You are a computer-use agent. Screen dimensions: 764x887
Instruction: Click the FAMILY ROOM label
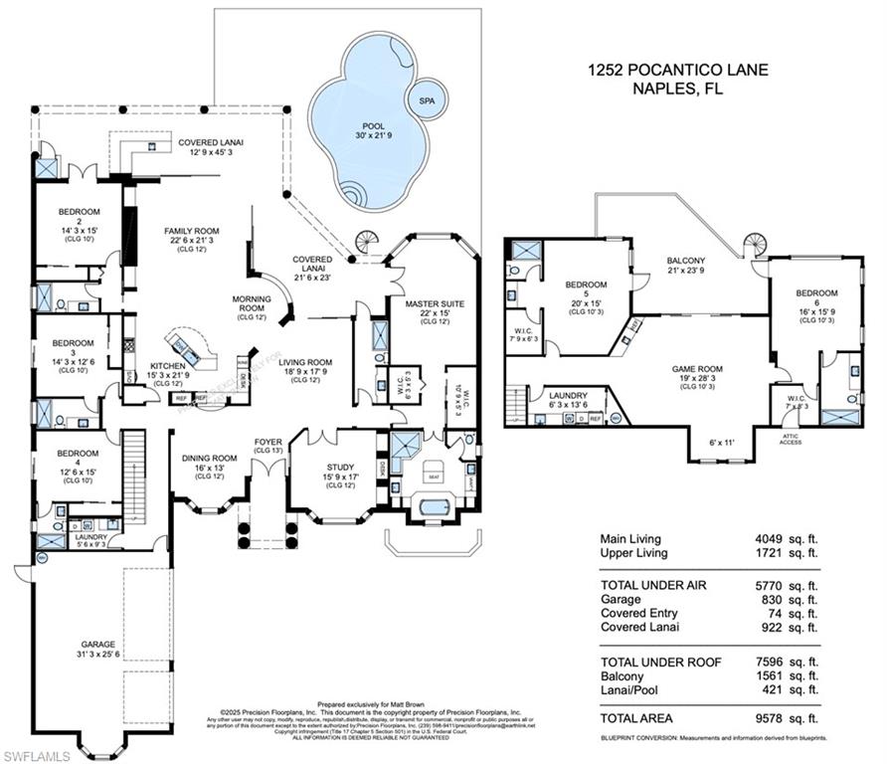pos(191,231)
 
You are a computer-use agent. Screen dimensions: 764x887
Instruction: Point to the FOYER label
pos(267,443)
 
